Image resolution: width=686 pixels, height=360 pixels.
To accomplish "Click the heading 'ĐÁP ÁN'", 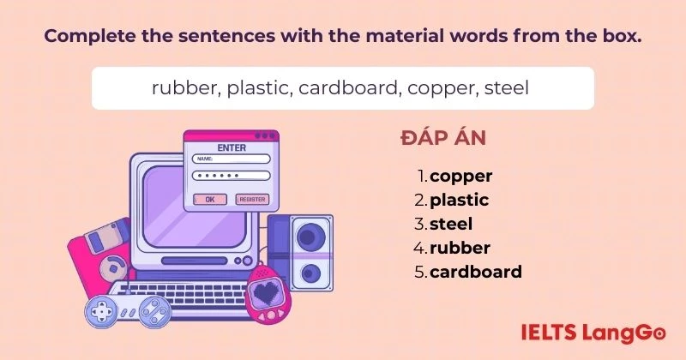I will [444, 138].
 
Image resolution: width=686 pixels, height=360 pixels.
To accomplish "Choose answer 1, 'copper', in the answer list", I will [461, 177].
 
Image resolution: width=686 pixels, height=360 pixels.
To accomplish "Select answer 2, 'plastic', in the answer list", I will [459, 201].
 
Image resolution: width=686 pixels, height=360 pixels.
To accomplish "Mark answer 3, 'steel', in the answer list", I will [451, 225].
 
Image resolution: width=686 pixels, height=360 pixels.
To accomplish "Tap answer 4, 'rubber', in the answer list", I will [460, 249].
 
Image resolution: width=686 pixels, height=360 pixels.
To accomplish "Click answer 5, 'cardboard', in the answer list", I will [475, 273].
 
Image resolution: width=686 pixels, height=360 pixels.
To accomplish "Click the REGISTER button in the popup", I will [252, 199].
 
